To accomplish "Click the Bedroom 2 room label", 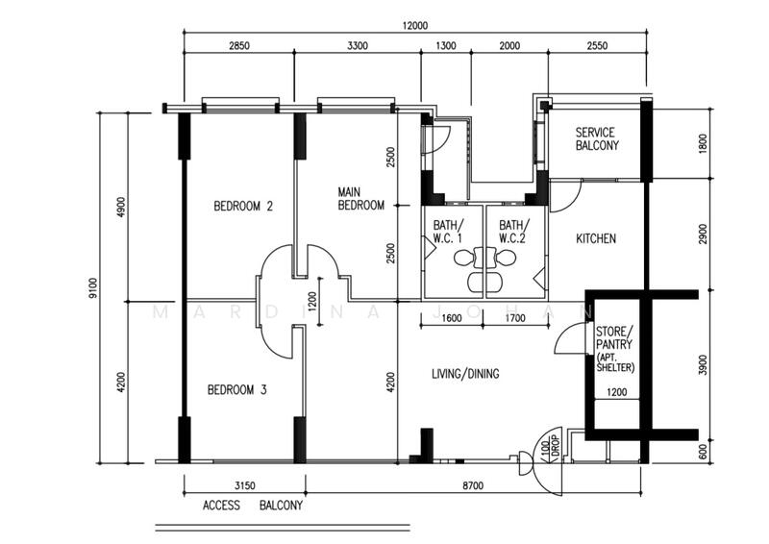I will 243,206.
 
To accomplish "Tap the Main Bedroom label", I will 360,199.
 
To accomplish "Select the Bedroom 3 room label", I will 237,390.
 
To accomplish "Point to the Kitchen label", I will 596,238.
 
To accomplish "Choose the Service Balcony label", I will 596,139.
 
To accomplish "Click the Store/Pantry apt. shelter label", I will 614,349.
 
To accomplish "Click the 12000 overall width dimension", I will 415,26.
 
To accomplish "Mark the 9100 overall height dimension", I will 93,286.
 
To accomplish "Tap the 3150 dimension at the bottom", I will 244,486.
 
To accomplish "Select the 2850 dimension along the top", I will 239,45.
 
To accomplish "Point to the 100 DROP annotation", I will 549,448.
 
